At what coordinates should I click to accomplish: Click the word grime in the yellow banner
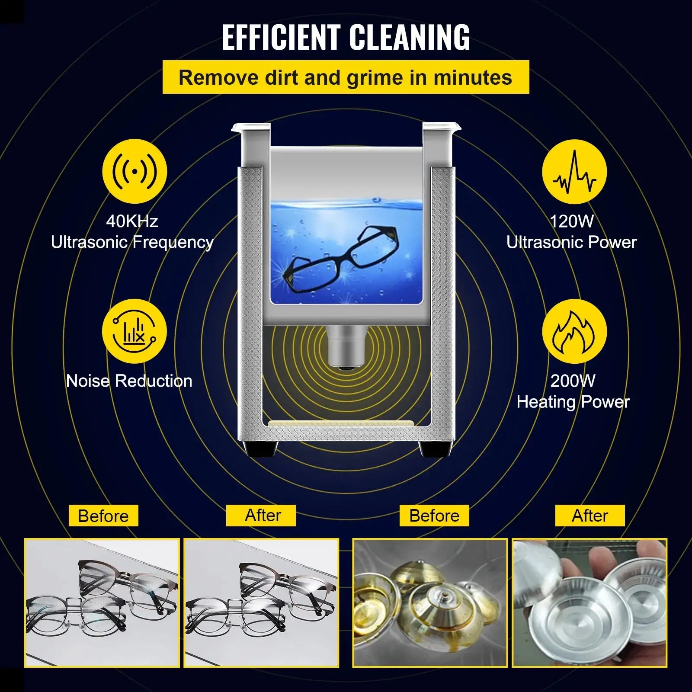tap(391, 77)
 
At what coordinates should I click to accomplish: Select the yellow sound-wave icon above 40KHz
tap(135, 171)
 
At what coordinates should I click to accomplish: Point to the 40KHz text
tap(132, 221)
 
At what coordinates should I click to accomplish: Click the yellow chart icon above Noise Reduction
tap(134, 331)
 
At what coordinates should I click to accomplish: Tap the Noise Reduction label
tap(129, 381)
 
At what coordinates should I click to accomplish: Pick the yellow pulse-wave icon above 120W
tap(574, 171)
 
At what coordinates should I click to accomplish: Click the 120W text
tap(572, 221)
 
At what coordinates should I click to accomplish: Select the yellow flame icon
tap(574, 331)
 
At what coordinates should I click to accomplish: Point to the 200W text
tap(573, 381)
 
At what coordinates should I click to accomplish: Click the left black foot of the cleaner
tap(261, 449)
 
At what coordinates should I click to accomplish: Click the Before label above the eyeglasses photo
tap(103, 516)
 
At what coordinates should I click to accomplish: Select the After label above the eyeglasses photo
tap(263, 516)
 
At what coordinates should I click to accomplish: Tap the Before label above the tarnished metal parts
tap(434, 516)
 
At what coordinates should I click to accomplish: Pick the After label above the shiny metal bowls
tap(590, 516)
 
